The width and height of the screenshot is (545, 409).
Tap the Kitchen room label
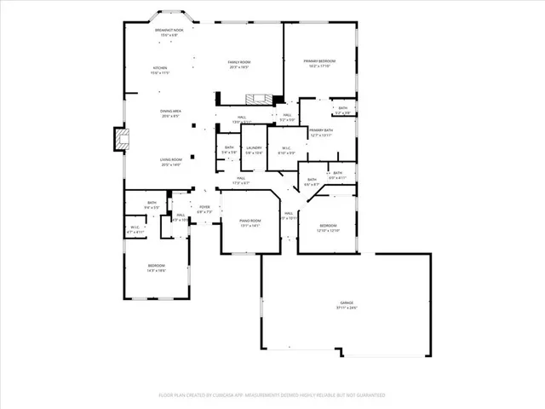(x=160, y=68)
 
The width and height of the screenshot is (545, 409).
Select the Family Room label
(x=238, y=62)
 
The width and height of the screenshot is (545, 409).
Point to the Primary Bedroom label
(x=319, y=61)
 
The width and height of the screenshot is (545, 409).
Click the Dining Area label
(x=171, y=111)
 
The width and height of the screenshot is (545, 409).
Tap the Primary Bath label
(x=321, y=130)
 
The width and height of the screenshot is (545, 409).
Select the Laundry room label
(x=253, y=148)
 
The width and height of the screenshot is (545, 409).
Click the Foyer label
(x=204, y=207)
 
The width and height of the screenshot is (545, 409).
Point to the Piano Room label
(x=250, y=221)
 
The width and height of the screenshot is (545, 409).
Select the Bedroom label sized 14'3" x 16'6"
(x=155, y=266)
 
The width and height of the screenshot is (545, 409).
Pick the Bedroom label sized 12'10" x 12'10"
(x=328, y=226)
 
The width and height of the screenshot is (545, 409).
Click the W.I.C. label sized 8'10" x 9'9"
(x=286, y=148)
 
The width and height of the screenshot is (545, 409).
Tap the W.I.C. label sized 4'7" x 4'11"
(x=135, y=227)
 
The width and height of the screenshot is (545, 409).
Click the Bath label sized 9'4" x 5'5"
(x=152, y=203)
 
